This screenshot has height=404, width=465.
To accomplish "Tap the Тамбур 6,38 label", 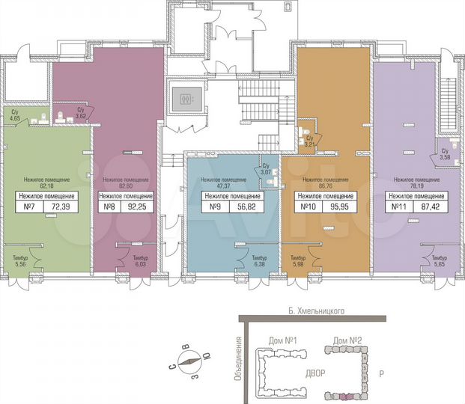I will pos(241,260).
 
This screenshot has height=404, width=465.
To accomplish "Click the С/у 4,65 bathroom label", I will pos(15,115).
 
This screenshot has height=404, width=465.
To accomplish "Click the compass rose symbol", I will pos(191,366).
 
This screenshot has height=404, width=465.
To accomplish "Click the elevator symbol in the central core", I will pos(185,98).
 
